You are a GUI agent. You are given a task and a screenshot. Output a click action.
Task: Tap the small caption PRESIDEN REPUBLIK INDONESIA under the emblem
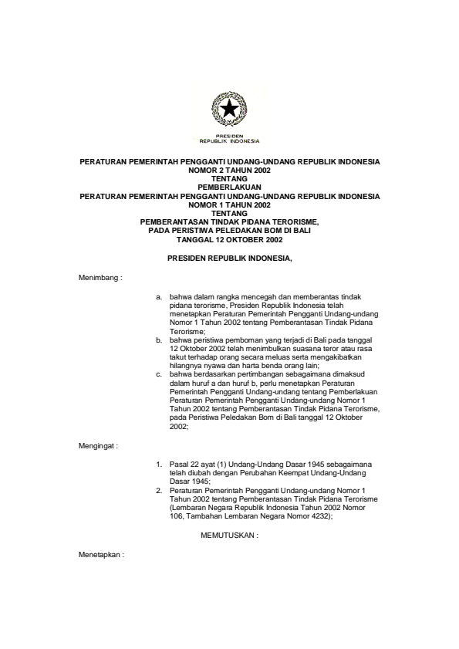point(229,140)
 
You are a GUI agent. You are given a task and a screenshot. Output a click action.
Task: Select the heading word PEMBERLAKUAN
point(229,186)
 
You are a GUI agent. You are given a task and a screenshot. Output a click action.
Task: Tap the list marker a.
point(158,296)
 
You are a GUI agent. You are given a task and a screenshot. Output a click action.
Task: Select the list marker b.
point(158,339)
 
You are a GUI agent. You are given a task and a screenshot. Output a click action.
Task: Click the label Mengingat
point(98,446)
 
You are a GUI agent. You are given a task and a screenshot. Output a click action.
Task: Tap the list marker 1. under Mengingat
point(158,465)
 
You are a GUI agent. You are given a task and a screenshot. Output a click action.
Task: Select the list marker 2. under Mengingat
point(158,490)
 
